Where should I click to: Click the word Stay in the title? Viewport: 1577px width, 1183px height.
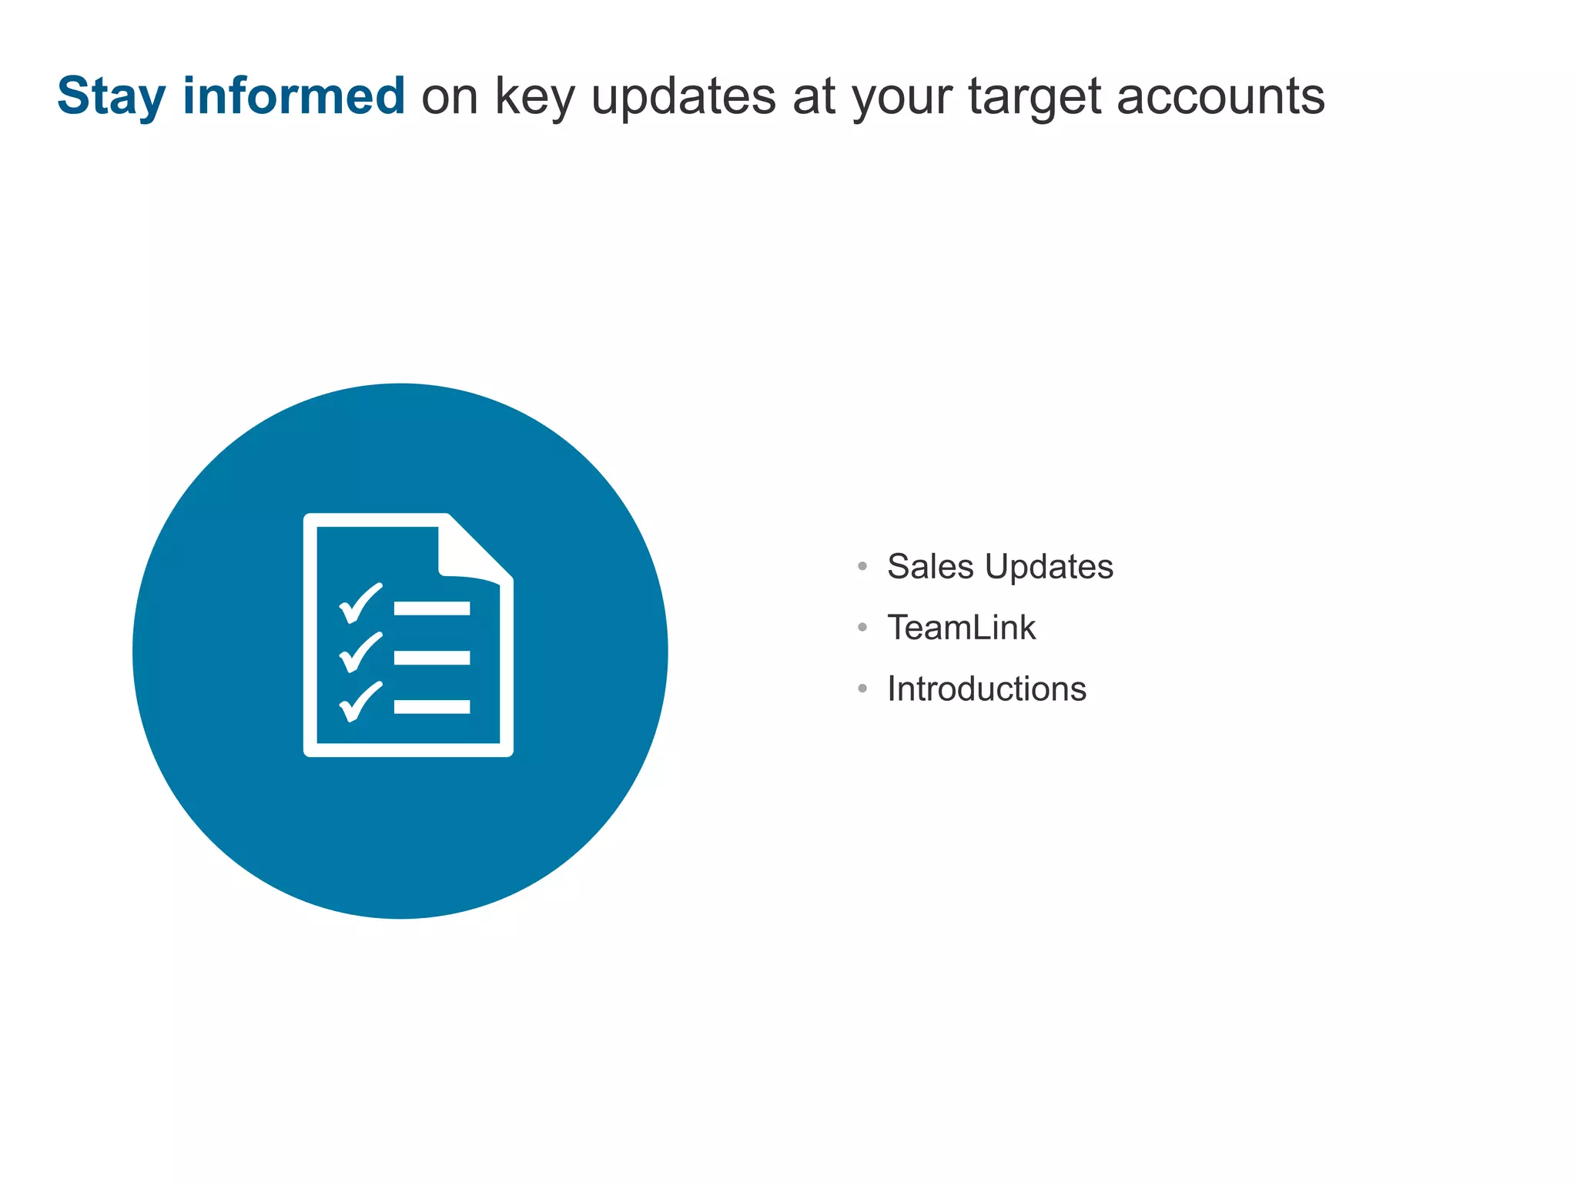click(111, 97)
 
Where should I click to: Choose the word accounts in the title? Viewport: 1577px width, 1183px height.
click(1220, 97)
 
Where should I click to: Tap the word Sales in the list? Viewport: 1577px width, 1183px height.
click(930, 567)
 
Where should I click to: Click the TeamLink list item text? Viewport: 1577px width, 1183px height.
click(961, 628)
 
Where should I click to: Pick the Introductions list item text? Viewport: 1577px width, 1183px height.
click(986, 689)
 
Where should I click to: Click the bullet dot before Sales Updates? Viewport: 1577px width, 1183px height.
click(862, 567)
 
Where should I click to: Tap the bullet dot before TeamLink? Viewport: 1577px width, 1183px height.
click(862, 628)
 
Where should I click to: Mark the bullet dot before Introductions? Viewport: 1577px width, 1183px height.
click(862, 689)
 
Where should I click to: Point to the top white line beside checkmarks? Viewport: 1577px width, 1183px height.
click(432, 608)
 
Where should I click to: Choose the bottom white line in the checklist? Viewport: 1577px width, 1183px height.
click(432, 707)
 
